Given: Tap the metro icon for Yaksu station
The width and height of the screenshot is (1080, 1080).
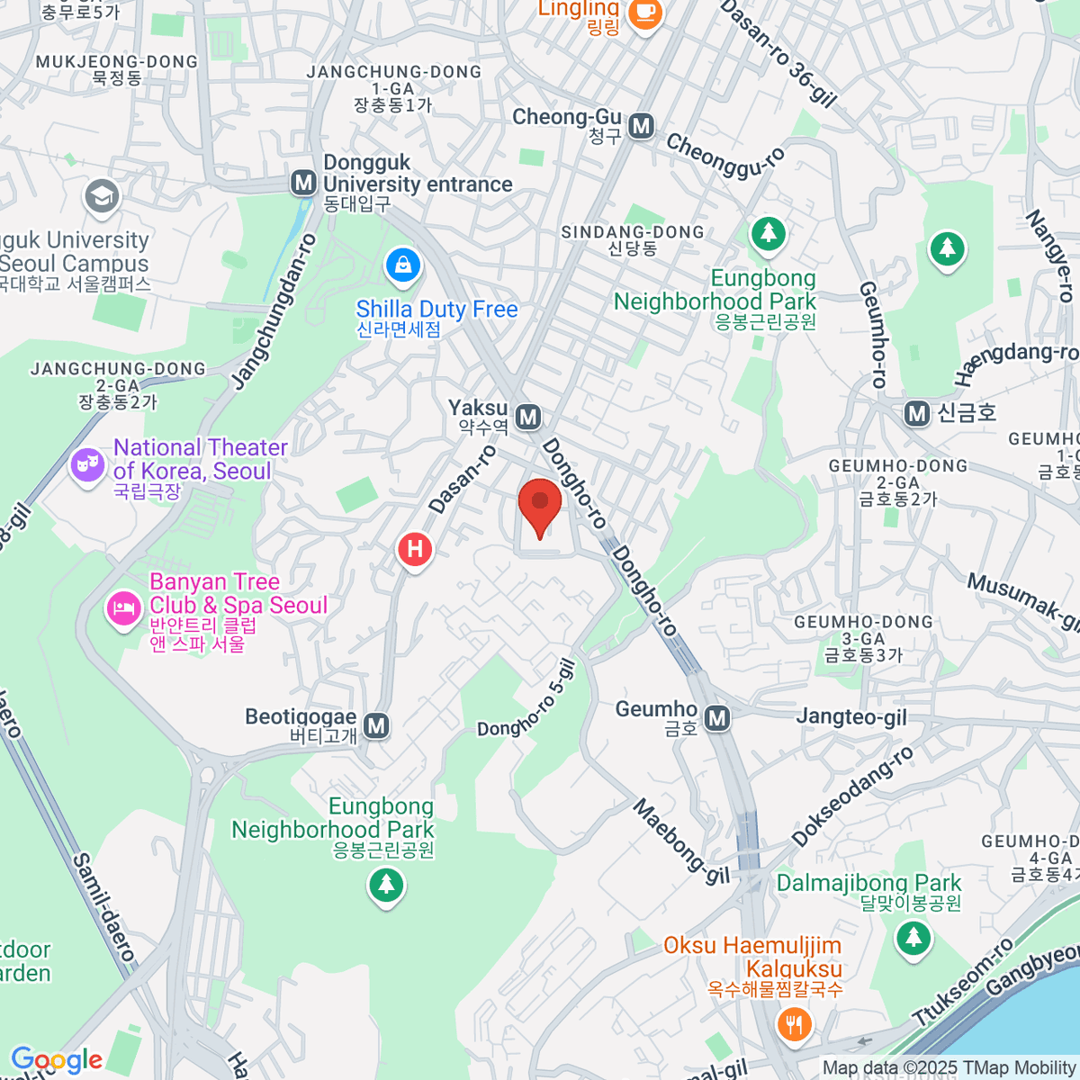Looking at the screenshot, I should (529, 417).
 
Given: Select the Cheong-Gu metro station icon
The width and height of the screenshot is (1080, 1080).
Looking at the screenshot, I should (641, 126).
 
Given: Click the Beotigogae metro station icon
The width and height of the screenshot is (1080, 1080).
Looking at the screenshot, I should (376, 725).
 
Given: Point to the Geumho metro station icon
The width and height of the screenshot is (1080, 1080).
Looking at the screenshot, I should (717, 717).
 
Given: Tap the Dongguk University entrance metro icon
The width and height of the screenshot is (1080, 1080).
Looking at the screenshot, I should (304, 183).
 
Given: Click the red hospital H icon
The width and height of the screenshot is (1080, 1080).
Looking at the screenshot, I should (415, 548).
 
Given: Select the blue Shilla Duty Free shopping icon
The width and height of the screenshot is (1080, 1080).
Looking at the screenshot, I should (402, 265).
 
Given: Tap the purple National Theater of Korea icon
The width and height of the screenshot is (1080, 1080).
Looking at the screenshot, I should (87, 464).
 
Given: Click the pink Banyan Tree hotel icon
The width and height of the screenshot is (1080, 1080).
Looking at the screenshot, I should (121, 608).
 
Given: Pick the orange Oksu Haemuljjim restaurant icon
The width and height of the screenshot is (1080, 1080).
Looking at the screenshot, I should (793, 1024).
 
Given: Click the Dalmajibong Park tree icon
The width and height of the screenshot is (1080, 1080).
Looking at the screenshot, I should (913, 939).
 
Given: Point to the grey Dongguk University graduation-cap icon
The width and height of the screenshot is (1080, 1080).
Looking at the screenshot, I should (101, 195).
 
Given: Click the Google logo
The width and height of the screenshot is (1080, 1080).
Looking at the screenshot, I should (57, 1060).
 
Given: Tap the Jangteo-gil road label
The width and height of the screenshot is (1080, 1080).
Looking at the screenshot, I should (851, 716).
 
